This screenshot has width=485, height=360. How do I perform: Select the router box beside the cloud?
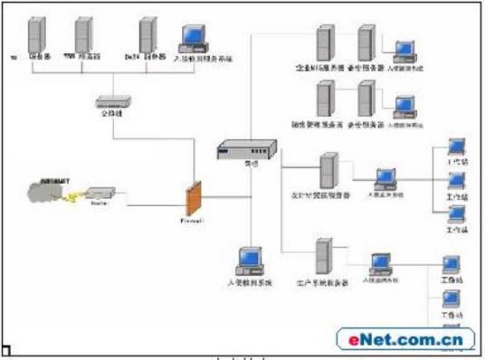[x=99, y=194]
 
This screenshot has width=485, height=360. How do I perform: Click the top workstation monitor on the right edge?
[x=456, y=147]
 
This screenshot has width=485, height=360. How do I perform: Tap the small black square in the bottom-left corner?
[x=5, y=350]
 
